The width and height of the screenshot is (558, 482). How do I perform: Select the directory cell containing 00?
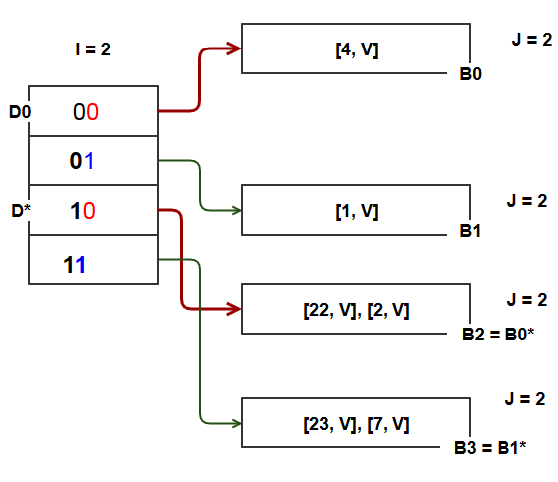[92, 112]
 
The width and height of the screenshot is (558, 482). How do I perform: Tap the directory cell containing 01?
[92, 161]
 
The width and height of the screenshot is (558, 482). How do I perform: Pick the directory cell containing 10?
[92, 211]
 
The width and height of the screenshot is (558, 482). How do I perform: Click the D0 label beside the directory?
[20, 113]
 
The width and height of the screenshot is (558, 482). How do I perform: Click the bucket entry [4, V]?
[356, 48]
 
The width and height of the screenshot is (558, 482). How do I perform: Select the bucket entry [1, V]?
[356, 210]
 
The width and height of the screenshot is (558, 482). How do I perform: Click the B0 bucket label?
[470, 73]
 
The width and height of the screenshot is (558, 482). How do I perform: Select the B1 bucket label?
[470, 231]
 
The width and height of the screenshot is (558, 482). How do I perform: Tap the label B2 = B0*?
[498, 335]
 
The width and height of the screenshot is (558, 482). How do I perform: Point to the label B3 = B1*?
[490, 448]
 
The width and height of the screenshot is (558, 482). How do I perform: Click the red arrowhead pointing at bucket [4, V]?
[235, 48]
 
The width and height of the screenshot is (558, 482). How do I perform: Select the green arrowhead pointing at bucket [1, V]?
[235, 210]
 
